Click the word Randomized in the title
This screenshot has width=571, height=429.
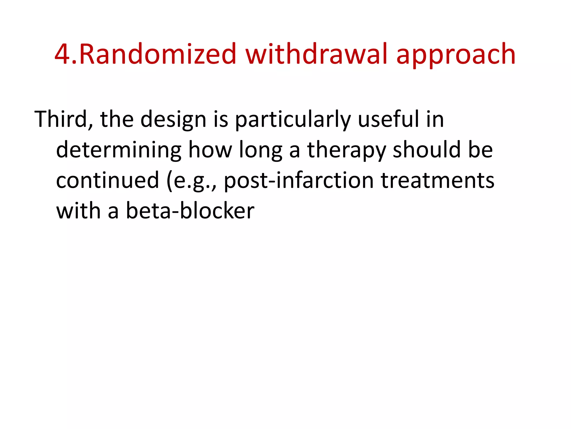click(x=158, y=54)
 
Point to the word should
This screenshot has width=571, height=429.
click(x=427, y=150)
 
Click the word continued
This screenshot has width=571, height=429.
click(x=108, y=180)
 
